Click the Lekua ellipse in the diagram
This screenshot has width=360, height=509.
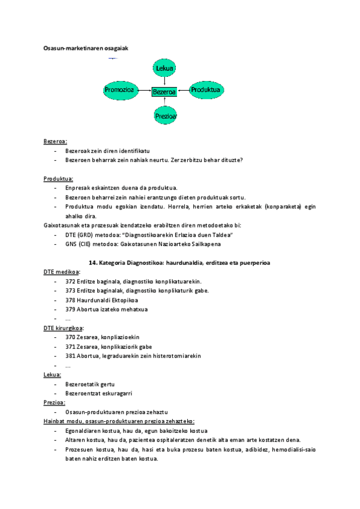pos(164,69)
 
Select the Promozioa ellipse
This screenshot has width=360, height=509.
pos(119,90)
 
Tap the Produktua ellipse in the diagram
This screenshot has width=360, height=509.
pos(207,90)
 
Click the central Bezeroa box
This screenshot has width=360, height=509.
pos(164,92)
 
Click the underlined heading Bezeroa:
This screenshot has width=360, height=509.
pos(55,142)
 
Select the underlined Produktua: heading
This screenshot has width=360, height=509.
pos(58,179)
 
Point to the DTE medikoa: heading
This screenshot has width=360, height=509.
pos(61,272)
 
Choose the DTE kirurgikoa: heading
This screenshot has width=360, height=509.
pos(64,328)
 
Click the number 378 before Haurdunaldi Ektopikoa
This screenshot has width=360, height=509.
pos(70,300)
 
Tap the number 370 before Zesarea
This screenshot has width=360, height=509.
pos(70,337)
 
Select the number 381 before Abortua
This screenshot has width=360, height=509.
pos(70,356)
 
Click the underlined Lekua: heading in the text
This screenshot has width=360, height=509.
pos(52,375)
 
